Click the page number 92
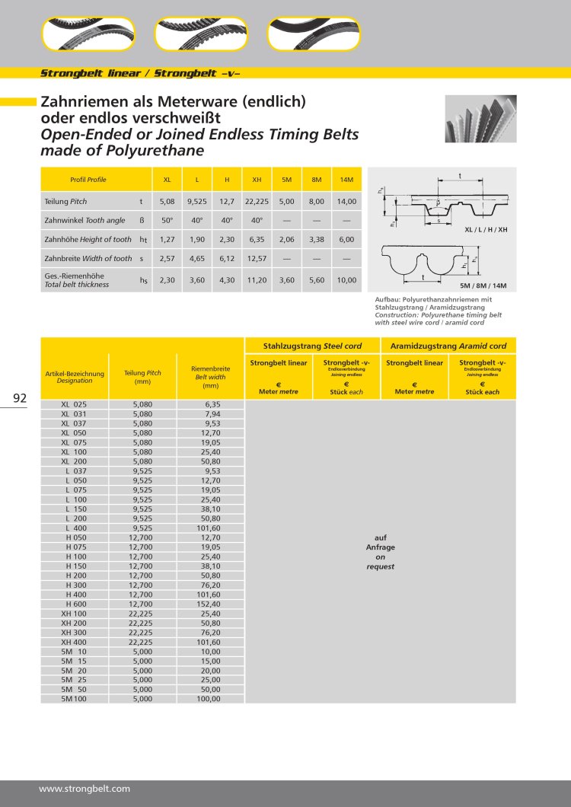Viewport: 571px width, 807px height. tap(20, 397)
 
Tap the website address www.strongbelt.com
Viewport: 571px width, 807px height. tap(84, 789)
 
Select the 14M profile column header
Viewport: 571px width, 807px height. tap(346, 180)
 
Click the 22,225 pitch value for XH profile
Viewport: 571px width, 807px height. tap(257, 202)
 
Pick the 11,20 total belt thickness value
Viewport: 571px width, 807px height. tap(257, 279)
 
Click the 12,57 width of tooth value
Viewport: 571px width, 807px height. tap(257, 259)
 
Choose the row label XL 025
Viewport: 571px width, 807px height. tap(75, 405)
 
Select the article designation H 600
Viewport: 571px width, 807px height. tap(75, 604)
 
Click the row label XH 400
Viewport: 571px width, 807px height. tap(74, 642)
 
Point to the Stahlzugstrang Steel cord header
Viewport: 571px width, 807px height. tap(312, 346)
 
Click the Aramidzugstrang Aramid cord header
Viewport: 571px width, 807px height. tap(448, 346)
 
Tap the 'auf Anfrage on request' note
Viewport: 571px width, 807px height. tap(380, 552)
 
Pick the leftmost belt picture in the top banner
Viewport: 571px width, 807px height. tap(88, 34)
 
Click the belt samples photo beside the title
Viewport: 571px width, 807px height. tap(480, 119)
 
